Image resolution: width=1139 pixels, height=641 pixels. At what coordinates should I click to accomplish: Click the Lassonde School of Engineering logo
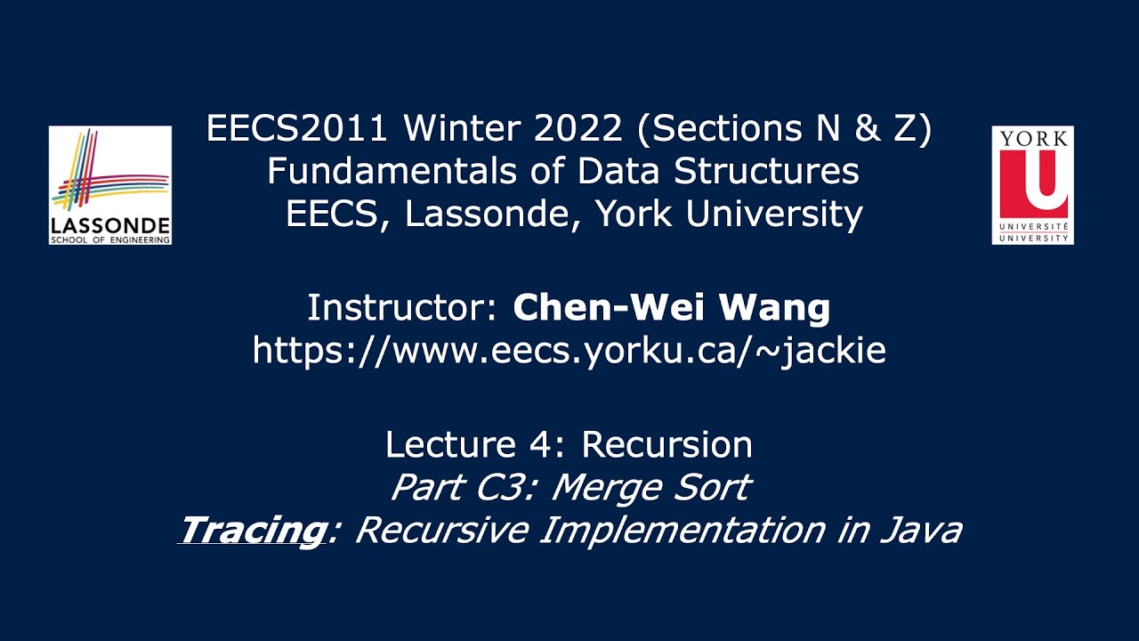tap(110, 185)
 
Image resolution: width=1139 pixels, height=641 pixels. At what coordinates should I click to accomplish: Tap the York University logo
tap(1032, 185)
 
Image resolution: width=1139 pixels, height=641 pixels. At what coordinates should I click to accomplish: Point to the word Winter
tap(456, 130)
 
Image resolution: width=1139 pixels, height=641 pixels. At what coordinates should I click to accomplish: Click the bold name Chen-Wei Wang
tap(672, 308)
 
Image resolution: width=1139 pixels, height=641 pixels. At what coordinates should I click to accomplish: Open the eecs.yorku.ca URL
tap(569, 350)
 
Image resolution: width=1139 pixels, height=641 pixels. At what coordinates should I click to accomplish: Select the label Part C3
tap(462, 487)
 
